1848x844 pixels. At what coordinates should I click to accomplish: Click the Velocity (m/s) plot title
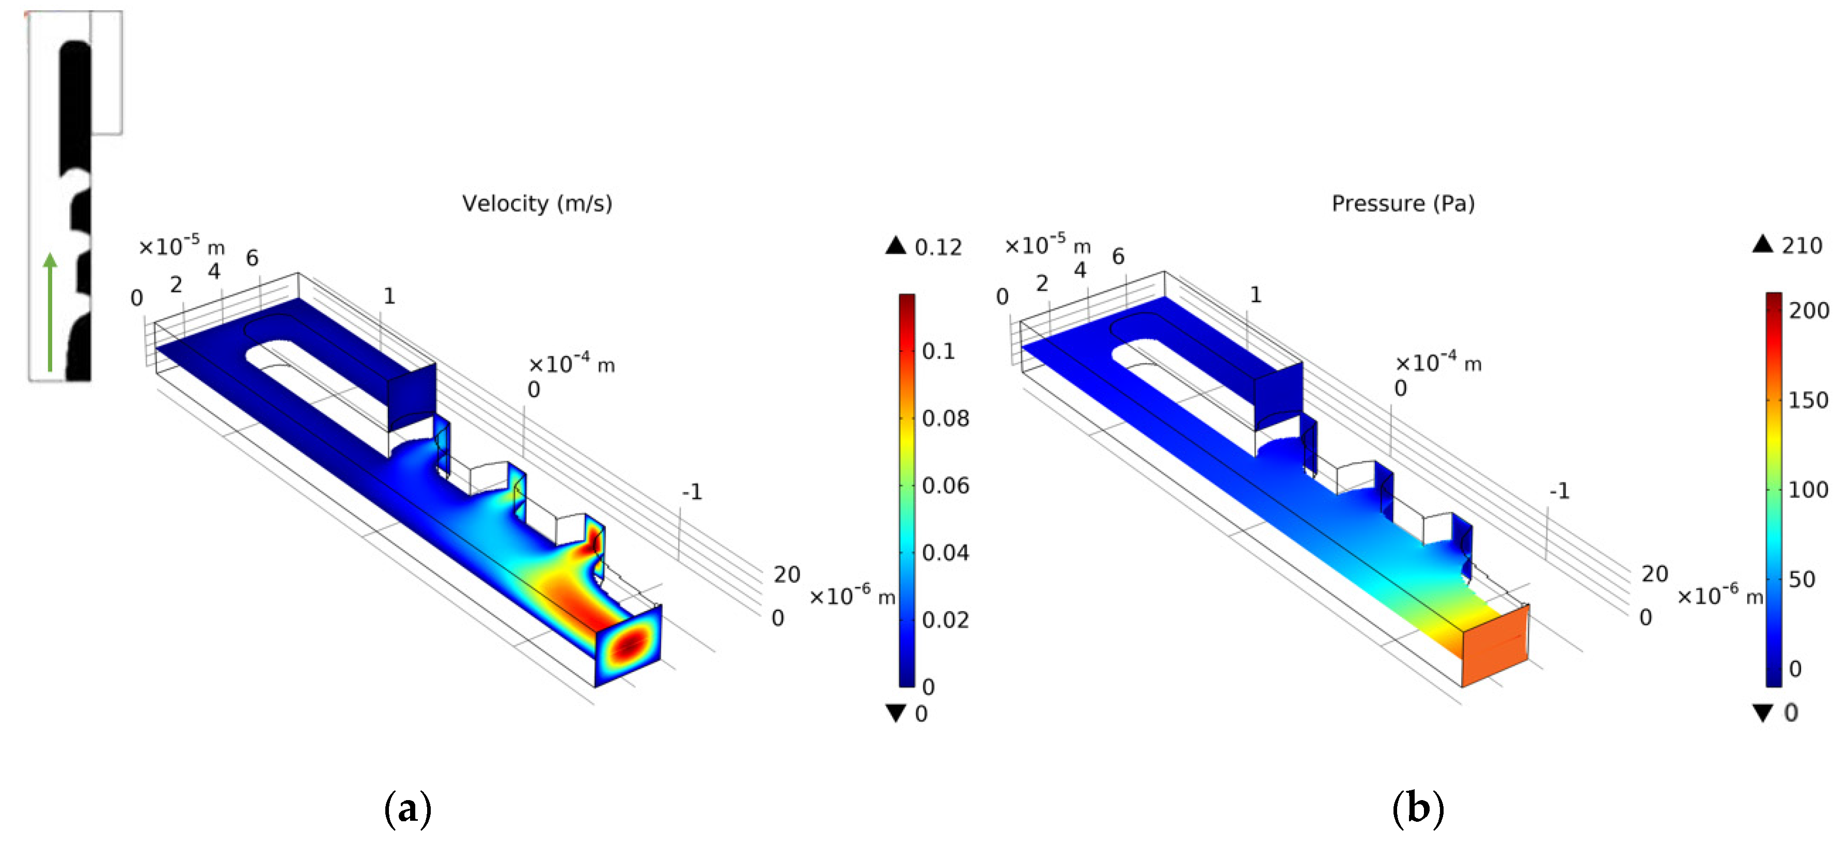537,204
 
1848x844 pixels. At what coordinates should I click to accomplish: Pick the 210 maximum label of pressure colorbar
1802,246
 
